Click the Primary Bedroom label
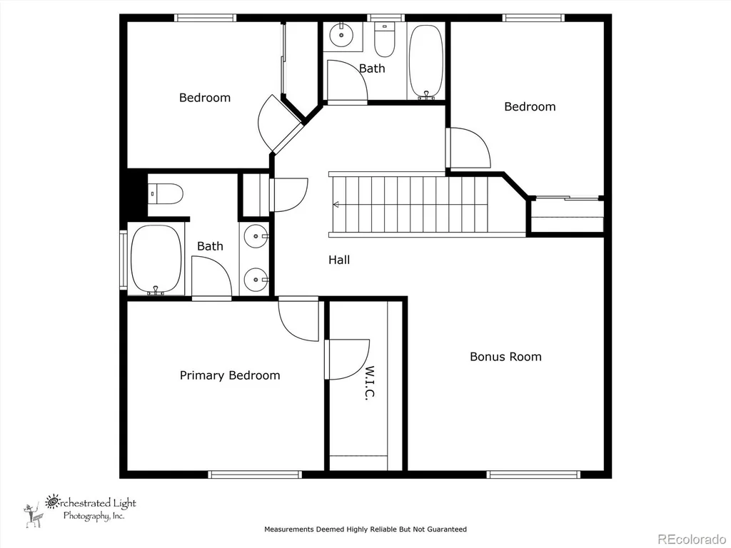[230, 375]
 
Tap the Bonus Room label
[505, 357]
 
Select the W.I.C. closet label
[369, 382]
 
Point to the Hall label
[339, 260]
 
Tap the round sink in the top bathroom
[341, 34]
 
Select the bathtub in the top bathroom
[425, 62]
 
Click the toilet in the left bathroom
[166, 194]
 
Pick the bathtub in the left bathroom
[156, 260]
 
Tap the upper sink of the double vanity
[256, 236]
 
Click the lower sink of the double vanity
[256, 280]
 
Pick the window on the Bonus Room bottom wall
[533, 475]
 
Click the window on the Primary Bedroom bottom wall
[255, 475]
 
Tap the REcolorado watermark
[691, 539]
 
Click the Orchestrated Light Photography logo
[80, 509]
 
